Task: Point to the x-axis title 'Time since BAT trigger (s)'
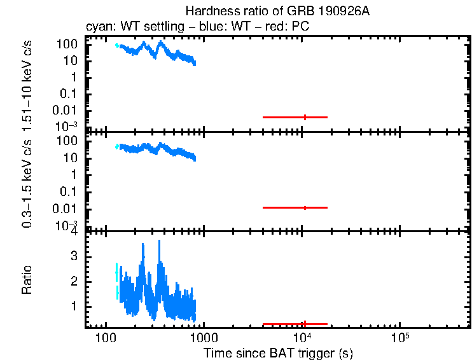(278, 352)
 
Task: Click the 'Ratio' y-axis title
(27, 280)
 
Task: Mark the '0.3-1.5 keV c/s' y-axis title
(27, 183)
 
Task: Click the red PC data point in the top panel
(305, 117)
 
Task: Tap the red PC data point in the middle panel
(305, 208)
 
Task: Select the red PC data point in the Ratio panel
(305, 324)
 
